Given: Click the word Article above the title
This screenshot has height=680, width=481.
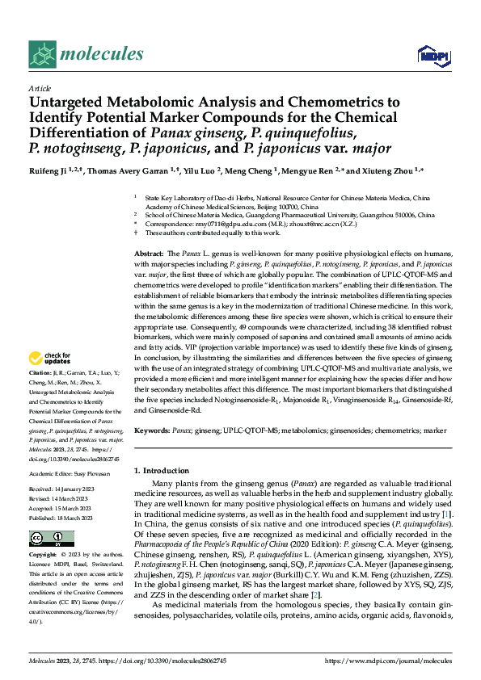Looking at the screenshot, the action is (x=40, y=88).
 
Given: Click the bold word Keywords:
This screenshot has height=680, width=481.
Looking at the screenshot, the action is (x=153, y=432).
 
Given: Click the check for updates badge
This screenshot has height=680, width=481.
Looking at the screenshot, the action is (x=52, y=358).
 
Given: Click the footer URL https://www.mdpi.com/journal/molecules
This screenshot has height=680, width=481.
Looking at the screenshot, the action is (x=387, y=660).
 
